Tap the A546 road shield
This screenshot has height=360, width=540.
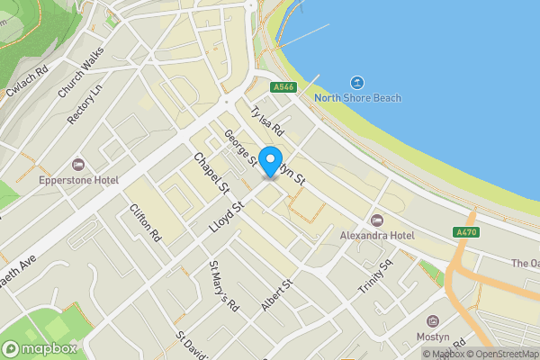tap(283, 87)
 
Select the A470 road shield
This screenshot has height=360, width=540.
tap(466, 232)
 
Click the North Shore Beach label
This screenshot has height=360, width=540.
tap(357, 98)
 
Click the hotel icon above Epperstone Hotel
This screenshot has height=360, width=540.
tap(78, 166)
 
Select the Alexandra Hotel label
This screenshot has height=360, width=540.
tap(376, 236)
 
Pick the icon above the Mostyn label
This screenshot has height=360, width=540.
tap(434, 321)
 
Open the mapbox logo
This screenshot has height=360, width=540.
tap(43, 347)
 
